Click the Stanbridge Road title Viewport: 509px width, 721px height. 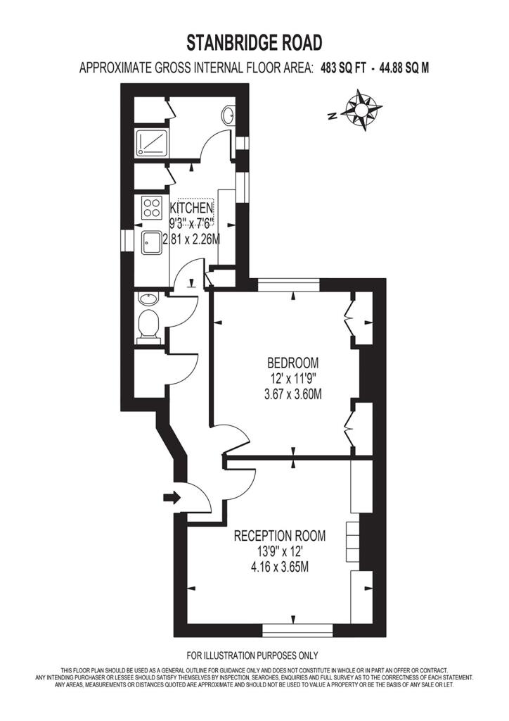coord(254,43)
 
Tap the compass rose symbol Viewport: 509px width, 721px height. coord(362,110)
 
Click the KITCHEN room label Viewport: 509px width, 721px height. coord(191,207)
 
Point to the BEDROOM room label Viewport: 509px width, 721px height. coord(293,363)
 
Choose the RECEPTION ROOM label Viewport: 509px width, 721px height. coord(280,536)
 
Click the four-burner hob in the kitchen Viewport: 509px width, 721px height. coord(152,208)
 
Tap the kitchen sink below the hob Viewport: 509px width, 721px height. coord(151,243)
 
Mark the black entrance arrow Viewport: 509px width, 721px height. coord(172,498)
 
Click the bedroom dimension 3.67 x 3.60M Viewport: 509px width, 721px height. coord(293,394)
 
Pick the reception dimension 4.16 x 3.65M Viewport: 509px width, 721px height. coord(280,567)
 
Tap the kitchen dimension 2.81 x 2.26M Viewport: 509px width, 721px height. coord(191,239)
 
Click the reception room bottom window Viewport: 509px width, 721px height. coord(297,630)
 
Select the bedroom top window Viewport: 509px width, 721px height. coord(289,285)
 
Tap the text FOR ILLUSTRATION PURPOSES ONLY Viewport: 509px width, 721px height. coord(252,656)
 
